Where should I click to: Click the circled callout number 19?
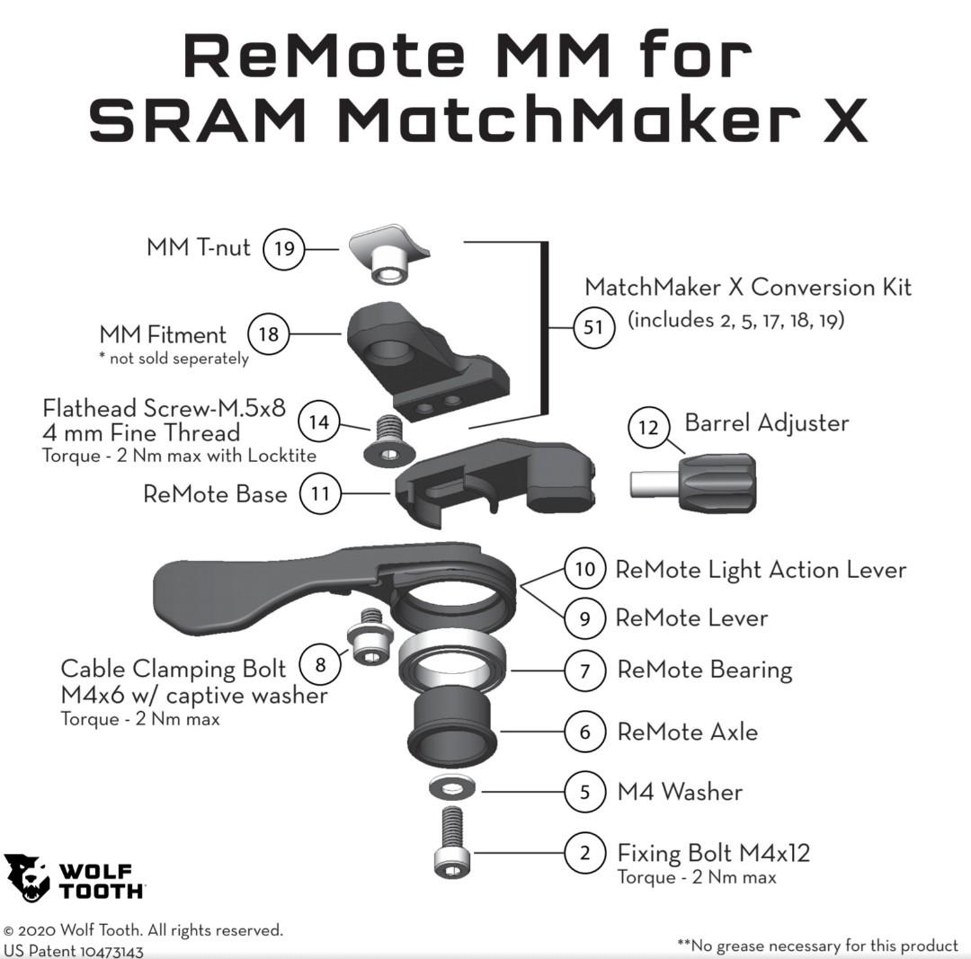[x=284, y=248]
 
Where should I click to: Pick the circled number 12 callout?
[x=649, y=428]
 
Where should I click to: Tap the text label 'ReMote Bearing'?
[x=704, y=670]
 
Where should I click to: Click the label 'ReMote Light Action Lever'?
[x=760, y=570]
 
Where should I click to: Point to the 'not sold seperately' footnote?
[x=173, y=359]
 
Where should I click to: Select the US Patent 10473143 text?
[x=74, y=950]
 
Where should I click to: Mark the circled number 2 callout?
[x=585, y=852]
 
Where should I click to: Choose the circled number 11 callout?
[x=320, y=493]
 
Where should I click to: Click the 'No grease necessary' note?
[x=817, y=945]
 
